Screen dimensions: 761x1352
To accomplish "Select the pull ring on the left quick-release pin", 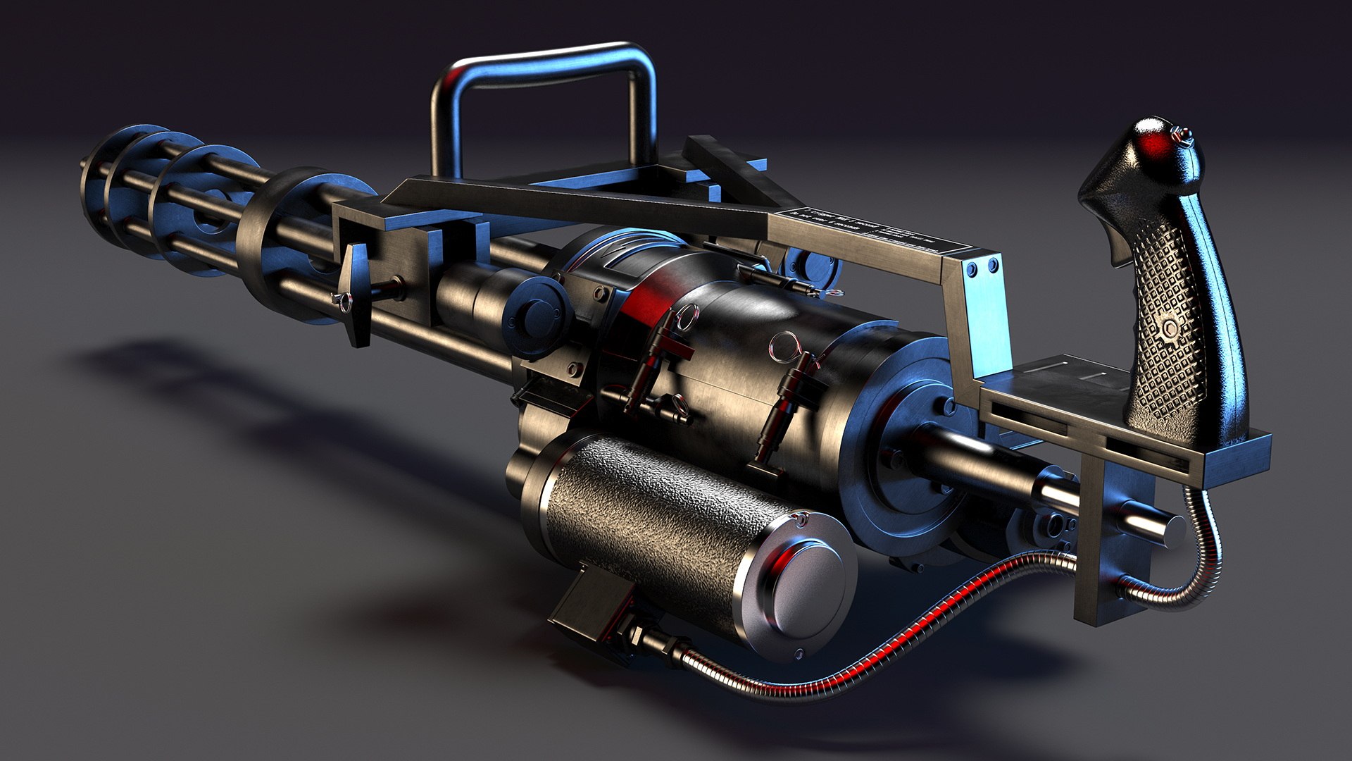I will click(687, 317).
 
